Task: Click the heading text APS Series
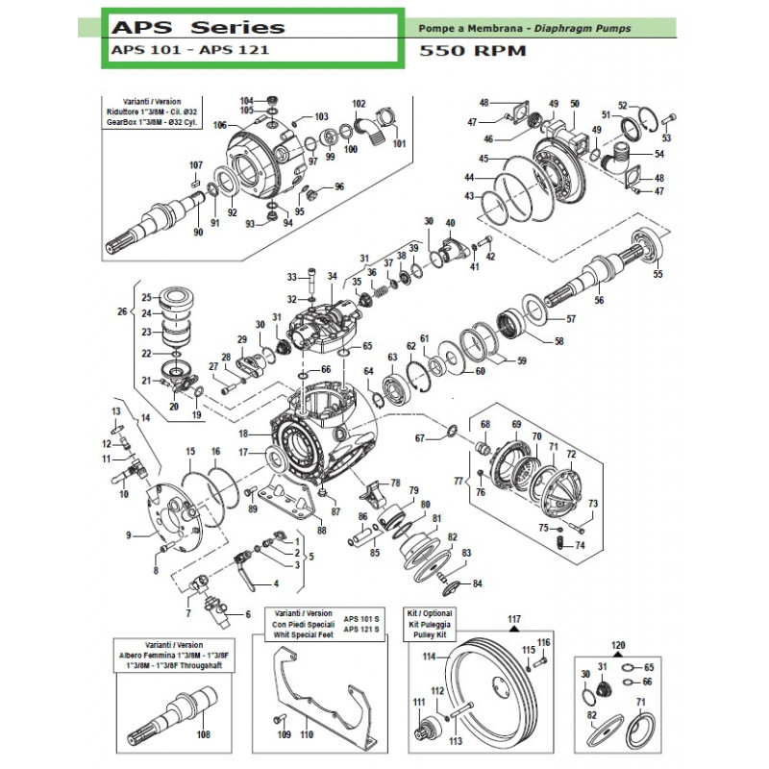click(x=197, y=27)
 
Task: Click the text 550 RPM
click(x=473, y=50)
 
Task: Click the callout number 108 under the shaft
click(x=202, y=735)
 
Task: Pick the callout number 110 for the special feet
click(x=307, y=735)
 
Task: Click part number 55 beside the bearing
click(x=657, y=275)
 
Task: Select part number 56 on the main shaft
click(x=599, y=301)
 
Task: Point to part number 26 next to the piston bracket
click(x=121, y=311)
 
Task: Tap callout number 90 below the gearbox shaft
click(x=198, y=234)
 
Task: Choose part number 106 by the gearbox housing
click(x=219, y=126)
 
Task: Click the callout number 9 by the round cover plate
click(x=128, y=535)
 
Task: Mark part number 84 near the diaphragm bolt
click(x=477, y=584)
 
